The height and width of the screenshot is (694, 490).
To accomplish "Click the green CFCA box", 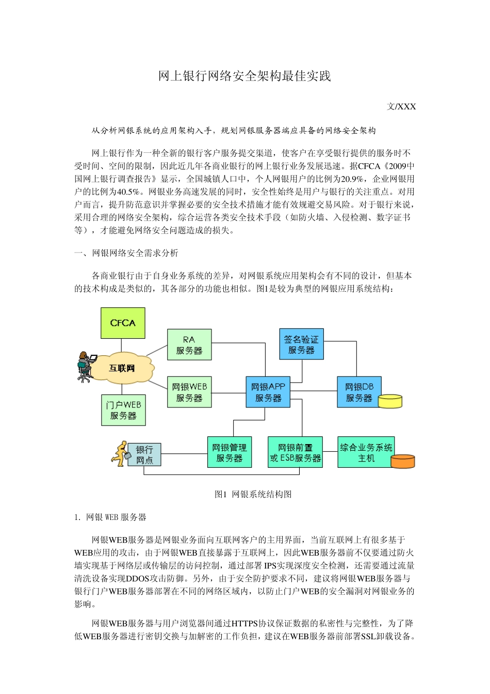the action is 123,323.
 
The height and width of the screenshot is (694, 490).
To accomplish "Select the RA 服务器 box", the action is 189,345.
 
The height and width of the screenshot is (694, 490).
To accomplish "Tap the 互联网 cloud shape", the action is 122,368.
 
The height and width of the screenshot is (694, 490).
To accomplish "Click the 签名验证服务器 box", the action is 301,344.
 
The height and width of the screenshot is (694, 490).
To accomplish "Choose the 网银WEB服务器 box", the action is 189,392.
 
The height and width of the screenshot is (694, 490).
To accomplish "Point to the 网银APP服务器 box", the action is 268,392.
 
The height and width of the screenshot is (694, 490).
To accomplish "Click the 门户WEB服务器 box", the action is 123,410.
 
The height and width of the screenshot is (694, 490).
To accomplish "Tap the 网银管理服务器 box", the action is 230,452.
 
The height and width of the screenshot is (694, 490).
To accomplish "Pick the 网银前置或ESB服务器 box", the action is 295,452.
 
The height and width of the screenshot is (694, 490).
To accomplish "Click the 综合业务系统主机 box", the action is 366,452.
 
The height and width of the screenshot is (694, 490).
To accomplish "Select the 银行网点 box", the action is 144,455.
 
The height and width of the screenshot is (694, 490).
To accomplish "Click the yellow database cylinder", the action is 390,402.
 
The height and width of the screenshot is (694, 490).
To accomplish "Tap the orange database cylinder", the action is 403,462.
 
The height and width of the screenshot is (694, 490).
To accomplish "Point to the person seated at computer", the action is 85,366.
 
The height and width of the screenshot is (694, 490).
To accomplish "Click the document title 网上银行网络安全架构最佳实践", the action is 244,76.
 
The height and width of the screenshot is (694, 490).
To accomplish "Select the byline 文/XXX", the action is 401,107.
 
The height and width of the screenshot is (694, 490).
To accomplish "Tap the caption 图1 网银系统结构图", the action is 253,494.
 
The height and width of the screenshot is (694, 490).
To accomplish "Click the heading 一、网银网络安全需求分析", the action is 126,253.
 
